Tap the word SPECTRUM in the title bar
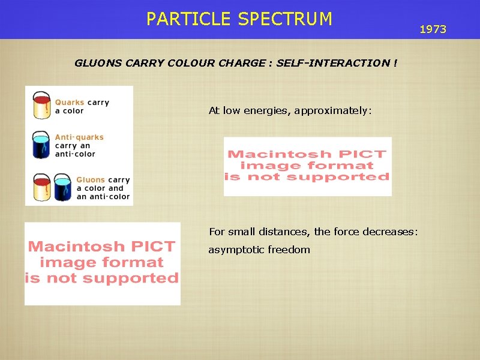click(284, 19)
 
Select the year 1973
click(433, 29)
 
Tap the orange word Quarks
click(70, 103)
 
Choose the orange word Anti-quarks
click(79, 137)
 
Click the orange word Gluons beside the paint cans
click(91, 179)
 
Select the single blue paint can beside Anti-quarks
click(41, 144)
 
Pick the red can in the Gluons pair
click(41, 187)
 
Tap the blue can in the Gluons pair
click(62, 187)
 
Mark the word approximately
click(333, 111)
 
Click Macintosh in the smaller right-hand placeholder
click(268, 155)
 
